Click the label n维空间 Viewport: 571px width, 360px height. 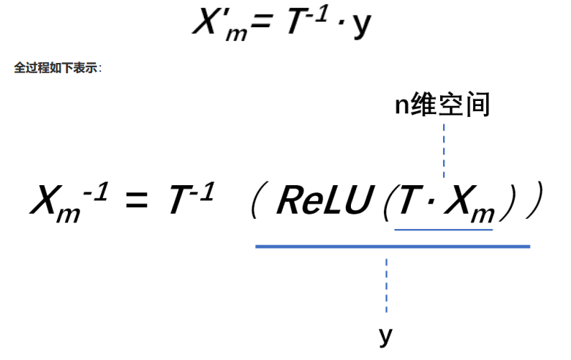442,105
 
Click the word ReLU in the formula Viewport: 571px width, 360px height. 322,200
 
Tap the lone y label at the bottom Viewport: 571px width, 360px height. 386,335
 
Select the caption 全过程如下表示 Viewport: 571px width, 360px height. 58,68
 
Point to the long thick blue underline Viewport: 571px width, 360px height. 392,247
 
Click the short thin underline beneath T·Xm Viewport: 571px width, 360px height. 443,229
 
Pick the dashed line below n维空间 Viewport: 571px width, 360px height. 443,150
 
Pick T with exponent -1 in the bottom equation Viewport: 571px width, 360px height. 189,199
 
